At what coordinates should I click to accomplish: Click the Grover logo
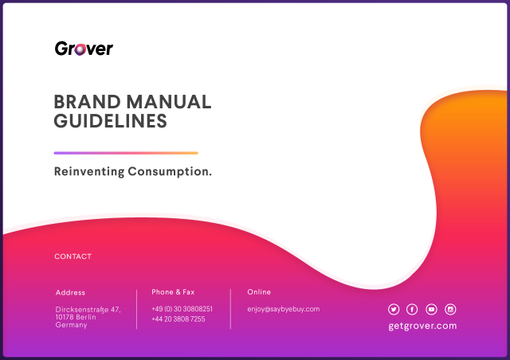pos(84,49)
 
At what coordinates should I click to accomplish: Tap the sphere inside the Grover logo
pos(80,49)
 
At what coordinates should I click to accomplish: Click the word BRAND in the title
pos(87,102)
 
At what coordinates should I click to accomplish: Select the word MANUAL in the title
pos(169,102)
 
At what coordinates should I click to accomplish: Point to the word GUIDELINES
pos(110,121)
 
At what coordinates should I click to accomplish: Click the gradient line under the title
pos(126,153)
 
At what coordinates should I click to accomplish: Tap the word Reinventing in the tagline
pos(89,172)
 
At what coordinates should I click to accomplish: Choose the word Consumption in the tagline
pos(170,172)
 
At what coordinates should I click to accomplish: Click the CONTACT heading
pos(73,256)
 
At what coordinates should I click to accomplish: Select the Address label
pos(70,292)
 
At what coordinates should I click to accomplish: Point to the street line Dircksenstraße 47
pos(88,310)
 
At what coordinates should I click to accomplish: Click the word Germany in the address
pos(71,325)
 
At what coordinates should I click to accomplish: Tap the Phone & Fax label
pos(173,292)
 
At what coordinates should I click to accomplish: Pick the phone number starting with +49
pos(182,308)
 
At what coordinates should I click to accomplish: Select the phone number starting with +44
pos(178,319)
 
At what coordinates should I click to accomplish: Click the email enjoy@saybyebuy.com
pos(284,309)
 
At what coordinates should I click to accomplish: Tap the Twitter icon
pos(394,309)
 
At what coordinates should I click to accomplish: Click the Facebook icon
pos(412,309)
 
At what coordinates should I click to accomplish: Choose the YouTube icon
pos(431,309)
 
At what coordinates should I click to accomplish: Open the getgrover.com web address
pos(422,326)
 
